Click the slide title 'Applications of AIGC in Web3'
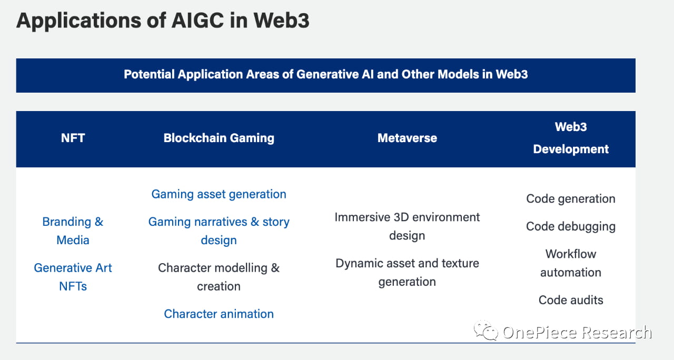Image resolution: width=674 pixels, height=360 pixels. (x=163, y=21)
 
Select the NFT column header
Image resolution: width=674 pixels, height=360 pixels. (x=73, y=138)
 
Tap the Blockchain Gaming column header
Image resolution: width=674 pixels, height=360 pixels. (x=219, y=138)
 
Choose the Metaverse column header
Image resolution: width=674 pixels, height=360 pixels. (x=407, y=138)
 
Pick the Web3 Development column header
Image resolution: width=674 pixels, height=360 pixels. (x=571, y=138)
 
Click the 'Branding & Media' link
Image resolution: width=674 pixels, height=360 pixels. (x=73, y=231)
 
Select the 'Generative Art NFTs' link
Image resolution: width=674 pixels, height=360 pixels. (x=73, y=277)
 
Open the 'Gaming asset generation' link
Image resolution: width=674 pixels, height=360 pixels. (x=219, y=194)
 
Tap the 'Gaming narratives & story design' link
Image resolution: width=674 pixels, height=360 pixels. (x=219, y=231)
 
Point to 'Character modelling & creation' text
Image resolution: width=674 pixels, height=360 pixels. (x=219, y=277)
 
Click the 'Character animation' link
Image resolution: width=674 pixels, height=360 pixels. (x=219, y=314)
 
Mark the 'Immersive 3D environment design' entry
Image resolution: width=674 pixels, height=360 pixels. (x=407, y=226)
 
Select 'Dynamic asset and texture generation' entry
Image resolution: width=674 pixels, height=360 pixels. (x=407, y=273)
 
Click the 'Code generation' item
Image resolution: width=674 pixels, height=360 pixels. (x=571, y=199)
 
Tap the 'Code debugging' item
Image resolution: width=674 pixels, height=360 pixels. (x=571, y=226)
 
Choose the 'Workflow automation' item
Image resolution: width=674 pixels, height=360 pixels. (x=571, y=263)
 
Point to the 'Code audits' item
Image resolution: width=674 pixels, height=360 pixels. (x=571, y=300)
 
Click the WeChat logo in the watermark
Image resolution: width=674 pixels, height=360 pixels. (x=485, y=331)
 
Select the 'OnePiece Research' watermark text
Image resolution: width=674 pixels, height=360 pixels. (x=577, y=332)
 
